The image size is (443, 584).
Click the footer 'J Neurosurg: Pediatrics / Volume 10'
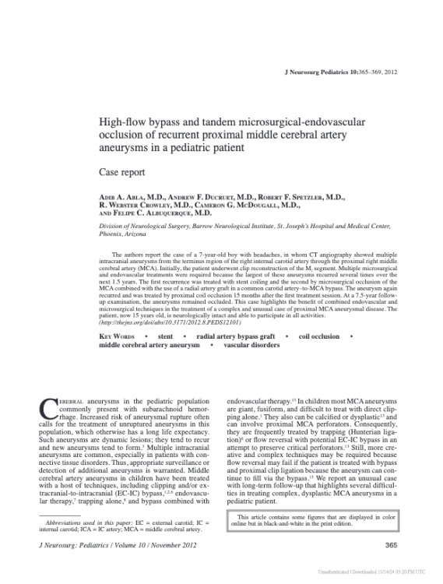[102, 545]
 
